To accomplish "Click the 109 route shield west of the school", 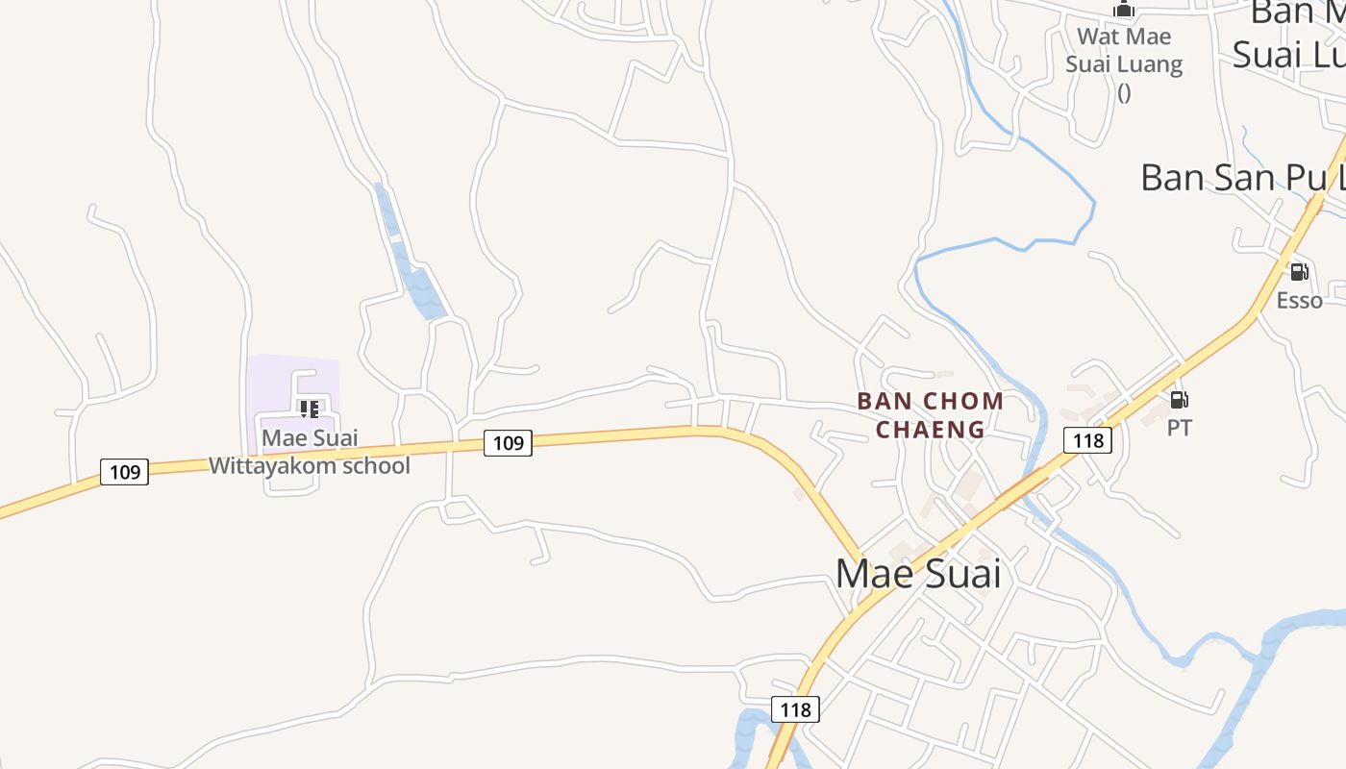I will click(124, 472).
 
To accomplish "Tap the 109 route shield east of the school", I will click(508, 442).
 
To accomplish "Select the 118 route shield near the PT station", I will click(1087, 440).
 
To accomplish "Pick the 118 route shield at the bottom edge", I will click(795, 709).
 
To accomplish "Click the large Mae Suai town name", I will click(918, 574).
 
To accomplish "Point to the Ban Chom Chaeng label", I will click(930, 414).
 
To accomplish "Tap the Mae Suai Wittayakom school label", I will click(310, 452).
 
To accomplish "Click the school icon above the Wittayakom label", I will click(310, 409).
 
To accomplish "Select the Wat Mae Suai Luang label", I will click(1124, 51).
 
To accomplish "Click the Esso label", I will click(1299, 301).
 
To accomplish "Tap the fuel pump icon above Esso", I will click(1299, 272).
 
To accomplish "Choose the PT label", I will click(1180, 428).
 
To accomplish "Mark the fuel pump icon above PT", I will click(1180, 399).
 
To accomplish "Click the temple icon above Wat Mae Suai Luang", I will click(1124, 10).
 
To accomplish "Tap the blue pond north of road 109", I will click(423, 288).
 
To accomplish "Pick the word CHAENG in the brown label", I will click(930, 429).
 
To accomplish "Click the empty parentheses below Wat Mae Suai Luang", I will click(1124, 93).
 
